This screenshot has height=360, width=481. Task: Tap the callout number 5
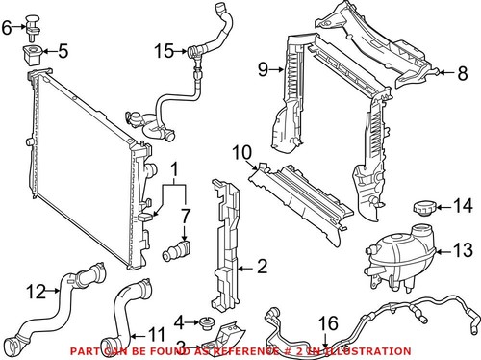click(63, 50)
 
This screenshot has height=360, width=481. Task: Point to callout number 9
click(262, 68)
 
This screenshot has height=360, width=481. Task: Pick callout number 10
click(240, 151)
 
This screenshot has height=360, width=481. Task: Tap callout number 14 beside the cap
click(463, 204)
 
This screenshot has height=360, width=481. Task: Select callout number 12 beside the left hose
click(36, 289)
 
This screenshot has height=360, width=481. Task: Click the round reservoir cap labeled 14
click(424, 207)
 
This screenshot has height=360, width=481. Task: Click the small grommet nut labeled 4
click(206, 321)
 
